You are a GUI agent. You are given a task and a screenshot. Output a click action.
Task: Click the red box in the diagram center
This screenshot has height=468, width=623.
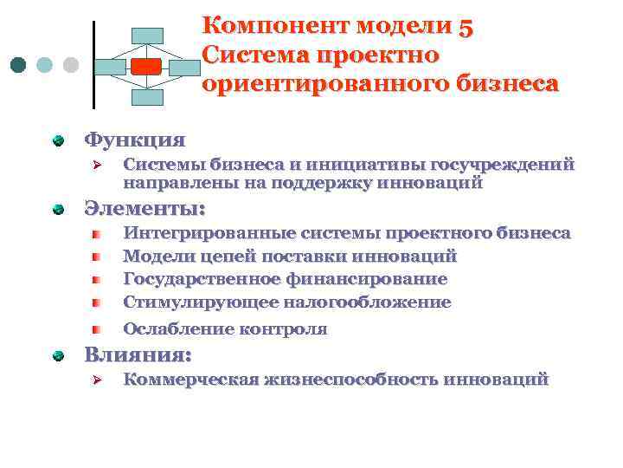[146, 66]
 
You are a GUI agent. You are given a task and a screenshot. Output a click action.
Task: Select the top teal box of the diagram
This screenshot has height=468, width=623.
[147, 36]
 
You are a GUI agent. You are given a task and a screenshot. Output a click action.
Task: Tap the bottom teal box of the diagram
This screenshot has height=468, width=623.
[147, 97]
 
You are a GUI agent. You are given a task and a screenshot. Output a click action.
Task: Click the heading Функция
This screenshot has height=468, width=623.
[134, 140]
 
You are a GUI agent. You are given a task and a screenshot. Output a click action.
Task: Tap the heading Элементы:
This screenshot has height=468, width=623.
[145, 209]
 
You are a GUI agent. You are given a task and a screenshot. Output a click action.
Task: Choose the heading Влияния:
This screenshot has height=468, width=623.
[138, 355]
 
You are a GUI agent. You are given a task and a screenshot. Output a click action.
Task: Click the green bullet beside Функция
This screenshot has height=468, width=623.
[58, 140]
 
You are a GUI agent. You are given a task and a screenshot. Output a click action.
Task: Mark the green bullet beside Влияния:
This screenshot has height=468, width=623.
[58, 356]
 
